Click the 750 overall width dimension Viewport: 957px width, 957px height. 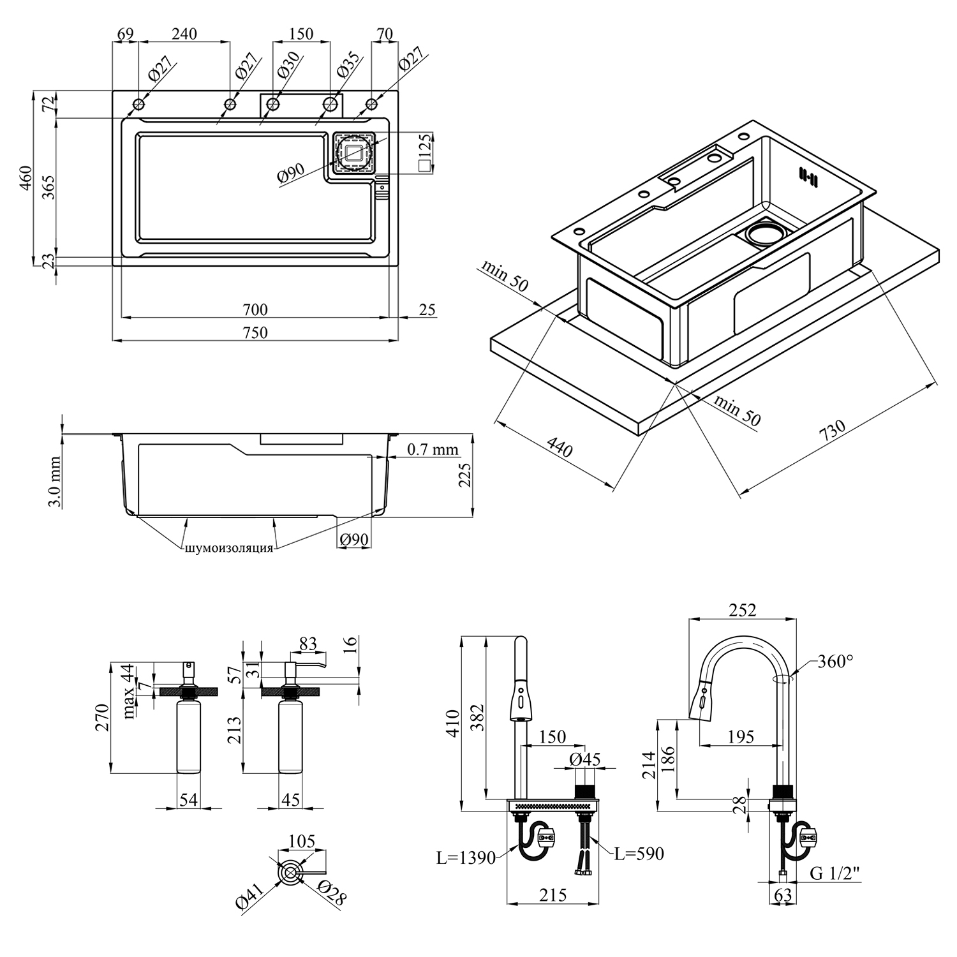(x=255, y=332)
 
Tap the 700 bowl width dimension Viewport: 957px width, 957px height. (x=255, y=310)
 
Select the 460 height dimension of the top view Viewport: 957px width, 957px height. (x=25, y=178)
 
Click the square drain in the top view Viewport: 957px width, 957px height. (x=353, y=152)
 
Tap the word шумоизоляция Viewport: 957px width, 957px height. (x=229, y=548)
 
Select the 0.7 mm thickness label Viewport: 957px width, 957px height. (x=433, y=449)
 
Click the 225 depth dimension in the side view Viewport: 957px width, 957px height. (x=465, y=475)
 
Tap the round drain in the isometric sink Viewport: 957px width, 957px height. (x=762, y=234)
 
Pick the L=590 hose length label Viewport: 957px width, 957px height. (x=639, y=853)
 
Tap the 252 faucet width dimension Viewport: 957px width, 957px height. (x=743, y=610)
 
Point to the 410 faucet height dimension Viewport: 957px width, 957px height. (x=452, y=723)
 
